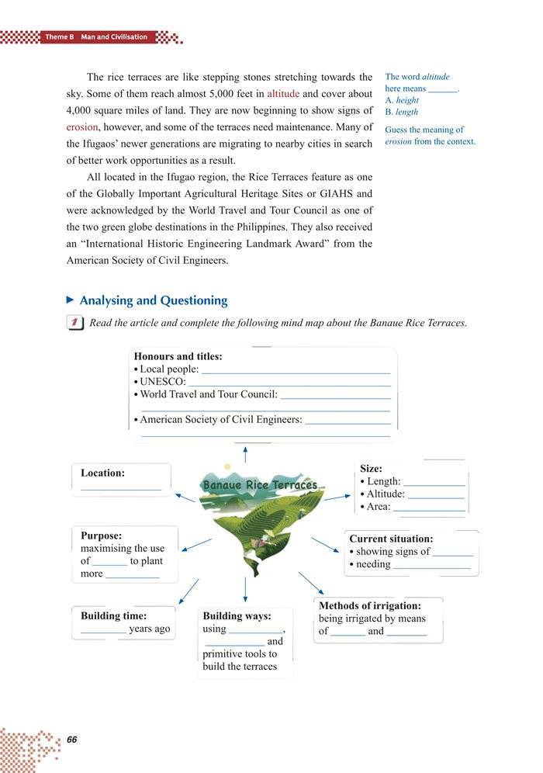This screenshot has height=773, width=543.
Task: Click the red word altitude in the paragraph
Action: pos(283,93)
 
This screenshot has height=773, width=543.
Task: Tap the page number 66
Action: pos(72,739)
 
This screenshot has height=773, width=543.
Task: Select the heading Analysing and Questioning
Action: pos(154,300)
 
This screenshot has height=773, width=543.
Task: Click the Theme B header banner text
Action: pos(96,37)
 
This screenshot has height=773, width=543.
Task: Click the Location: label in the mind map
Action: pos(102,473)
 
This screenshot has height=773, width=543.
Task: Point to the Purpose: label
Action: pos(101,535)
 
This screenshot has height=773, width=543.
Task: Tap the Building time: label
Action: pos(113,615)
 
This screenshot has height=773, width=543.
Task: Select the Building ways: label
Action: pos(237,615)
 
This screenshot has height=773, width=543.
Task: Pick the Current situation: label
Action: pos(391,538)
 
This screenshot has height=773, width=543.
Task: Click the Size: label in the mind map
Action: pos(372,469)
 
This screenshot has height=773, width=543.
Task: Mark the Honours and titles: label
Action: pos(178,356)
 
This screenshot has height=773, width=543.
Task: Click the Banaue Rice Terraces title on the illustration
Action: pos(260,485)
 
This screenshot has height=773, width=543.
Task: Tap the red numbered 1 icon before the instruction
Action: pos(75,323)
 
